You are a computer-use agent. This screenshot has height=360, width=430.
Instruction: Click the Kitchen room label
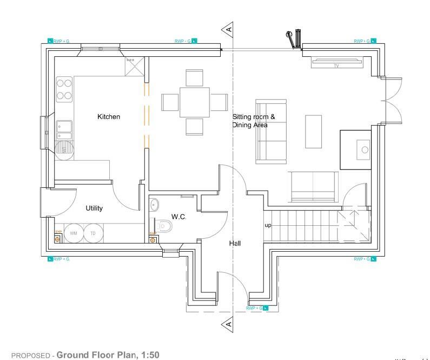pos(109,116)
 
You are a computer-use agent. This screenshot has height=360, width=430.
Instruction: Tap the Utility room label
pos(94,208)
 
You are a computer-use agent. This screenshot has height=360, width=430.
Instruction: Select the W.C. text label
pos(179,217)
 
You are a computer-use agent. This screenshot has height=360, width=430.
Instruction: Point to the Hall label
pos(235,244)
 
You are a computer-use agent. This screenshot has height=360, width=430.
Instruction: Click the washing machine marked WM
pos(74,233)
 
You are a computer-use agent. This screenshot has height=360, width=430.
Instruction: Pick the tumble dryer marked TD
pos(92,233)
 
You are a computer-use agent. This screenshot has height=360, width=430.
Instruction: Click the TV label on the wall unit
pos(336,66)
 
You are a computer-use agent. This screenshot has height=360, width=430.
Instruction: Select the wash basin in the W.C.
pos(154,205)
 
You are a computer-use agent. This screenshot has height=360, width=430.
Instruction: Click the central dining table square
pos(195,102)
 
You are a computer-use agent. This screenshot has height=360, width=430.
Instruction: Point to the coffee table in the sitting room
pos(313,131)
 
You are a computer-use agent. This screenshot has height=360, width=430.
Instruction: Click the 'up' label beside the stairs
pos(268,225)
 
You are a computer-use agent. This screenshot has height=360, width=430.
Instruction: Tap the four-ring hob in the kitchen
pos(64,89)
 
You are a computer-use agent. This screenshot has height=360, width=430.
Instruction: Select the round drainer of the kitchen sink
pos(64,147)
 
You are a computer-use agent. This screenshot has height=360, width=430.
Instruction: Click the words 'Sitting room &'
pos(254,116)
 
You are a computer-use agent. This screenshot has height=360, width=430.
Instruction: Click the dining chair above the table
pos(194,77)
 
